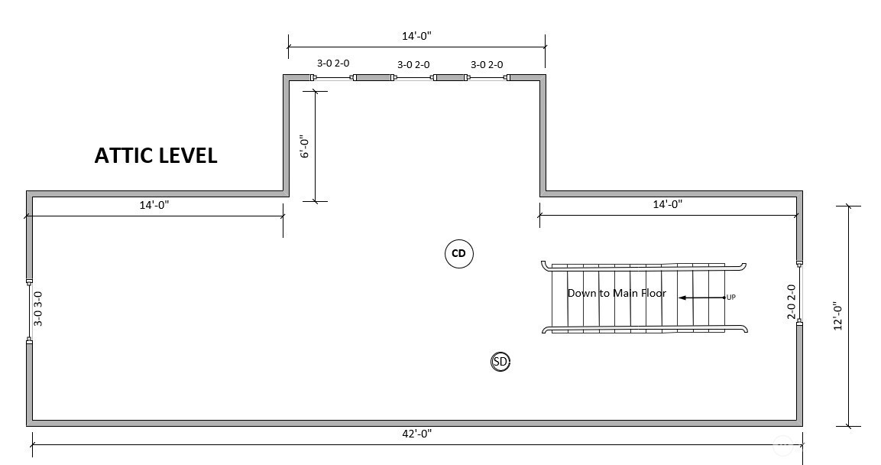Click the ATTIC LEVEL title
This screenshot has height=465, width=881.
pos(156,155)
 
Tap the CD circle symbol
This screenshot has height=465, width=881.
pos(459,254)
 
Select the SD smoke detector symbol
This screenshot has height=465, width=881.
pos(500,362)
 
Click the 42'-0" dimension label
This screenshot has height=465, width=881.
pos(417,434)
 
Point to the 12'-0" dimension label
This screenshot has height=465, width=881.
pos(837,315)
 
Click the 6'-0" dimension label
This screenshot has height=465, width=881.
pos(304,146)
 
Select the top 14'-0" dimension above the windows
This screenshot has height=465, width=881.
pos(417,36)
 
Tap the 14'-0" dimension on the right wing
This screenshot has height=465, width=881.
pos(667,204)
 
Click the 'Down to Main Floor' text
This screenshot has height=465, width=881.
pos(617,293)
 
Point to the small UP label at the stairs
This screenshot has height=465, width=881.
pos(731,297)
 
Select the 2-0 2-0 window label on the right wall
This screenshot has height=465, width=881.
pos(792,302)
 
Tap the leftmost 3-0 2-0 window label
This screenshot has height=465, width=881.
pos(333,64)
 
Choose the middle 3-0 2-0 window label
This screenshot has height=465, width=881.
pos(413,65)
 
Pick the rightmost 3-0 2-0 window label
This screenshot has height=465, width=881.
pos(487,65)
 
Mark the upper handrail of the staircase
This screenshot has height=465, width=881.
pos(643,265)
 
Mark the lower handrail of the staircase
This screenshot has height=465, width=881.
pos(644,330)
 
